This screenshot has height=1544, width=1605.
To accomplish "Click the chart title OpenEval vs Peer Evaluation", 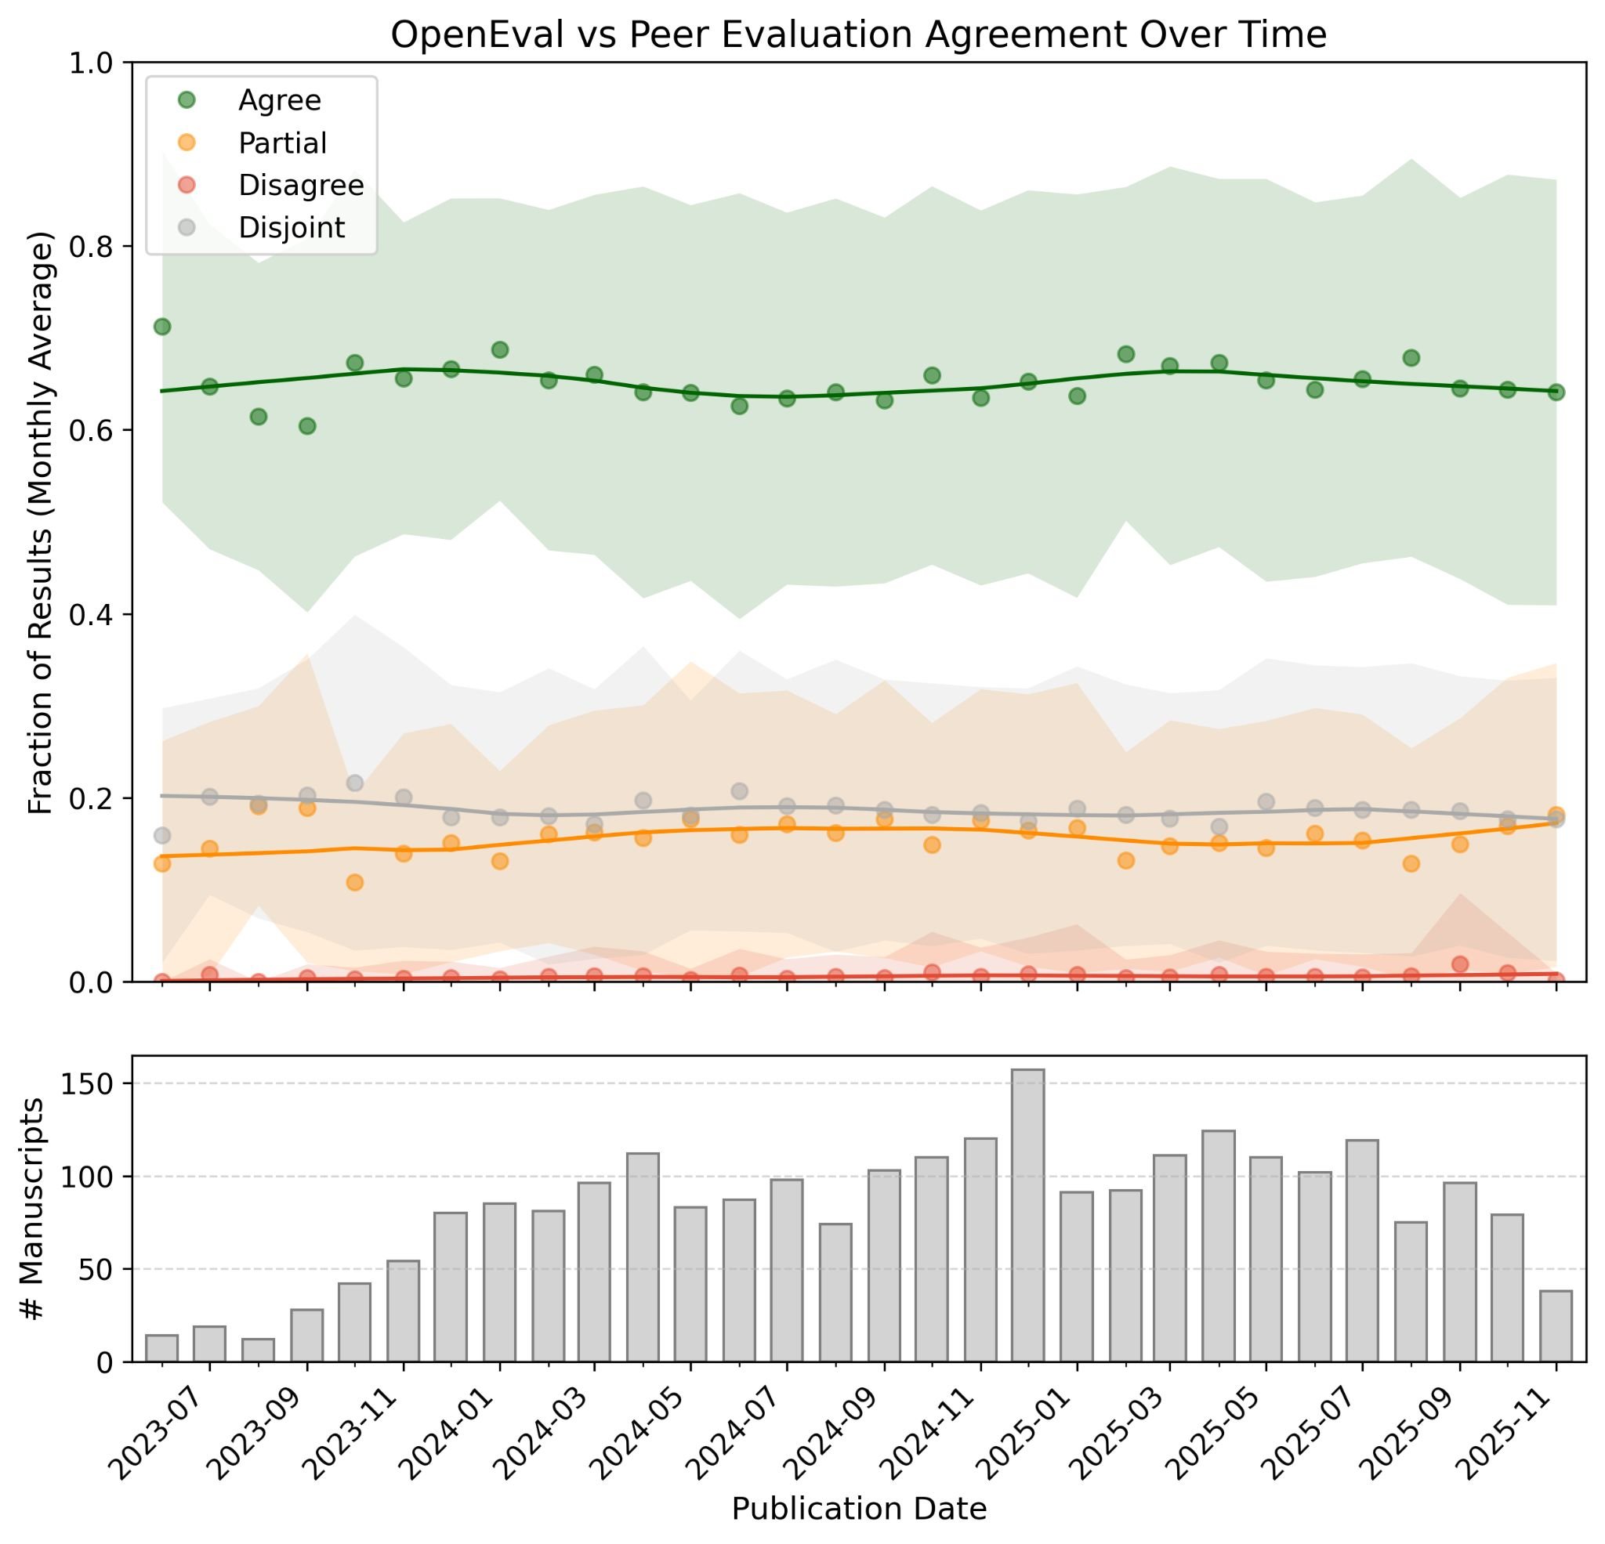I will tap(858, 35).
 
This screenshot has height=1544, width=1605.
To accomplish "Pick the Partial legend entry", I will tap(281, 143).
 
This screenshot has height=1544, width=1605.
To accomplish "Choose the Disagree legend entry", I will tap(299, 186).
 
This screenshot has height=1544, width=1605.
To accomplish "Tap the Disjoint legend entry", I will tap(291, 228).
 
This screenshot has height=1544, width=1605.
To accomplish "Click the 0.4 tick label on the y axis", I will tap(92, 615).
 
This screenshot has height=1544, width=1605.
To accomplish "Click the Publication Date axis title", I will tap(858, 1509).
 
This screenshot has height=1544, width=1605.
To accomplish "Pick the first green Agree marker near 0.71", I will tap(162, 327).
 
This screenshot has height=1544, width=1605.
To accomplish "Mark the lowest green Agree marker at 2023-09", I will tap(307, 425).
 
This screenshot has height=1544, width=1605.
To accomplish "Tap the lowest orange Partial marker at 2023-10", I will tap(354, 883).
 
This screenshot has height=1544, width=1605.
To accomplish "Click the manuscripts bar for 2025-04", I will tap(1219, 1246).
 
